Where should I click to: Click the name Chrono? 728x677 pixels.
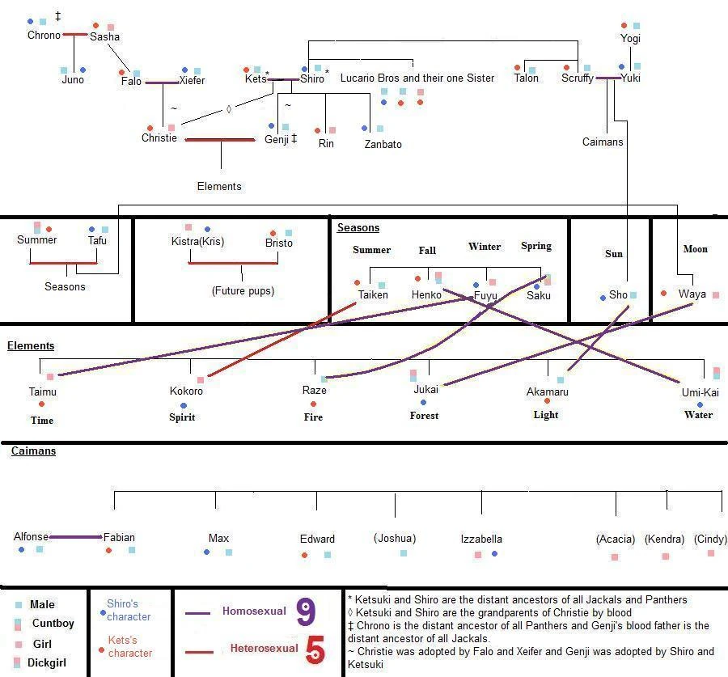click(44, 35)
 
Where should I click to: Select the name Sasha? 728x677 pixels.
click(104, 36)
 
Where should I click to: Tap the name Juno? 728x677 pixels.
click(73, 79)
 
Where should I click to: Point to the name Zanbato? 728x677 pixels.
click(383, 144)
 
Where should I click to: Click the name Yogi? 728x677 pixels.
click(630, 38)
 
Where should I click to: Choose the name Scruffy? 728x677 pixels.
click(578, 78)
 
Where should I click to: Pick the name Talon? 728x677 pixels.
click(526, 78)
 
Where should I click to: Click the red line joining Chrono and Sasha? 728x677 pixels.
click(75, 34)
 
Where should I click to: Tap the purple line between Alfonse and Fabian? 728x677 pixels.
click(75, 537)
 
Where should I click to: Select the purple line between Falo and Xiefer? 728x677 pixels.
click(161, 82)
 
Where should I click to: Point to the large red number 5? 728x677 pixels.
click(315, 650)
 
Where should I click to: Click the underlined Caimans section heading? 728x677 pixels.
click(33, 451)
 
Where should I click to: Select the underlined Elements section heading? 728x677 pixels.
click(31, 345)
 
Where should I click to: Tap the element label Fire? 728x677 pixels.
click(313, 417)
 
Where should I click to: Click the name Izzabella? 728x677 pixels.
click(481, 539)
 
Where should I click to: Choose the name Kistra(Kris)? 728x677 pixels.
click(197, 242)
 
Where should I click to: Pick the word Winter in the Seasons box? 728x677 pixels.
click(485, 247)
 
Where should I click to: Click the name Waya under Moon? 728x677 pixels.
click(692, 294)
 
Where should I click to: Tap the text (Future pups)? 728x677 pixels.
click(243, 290)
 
